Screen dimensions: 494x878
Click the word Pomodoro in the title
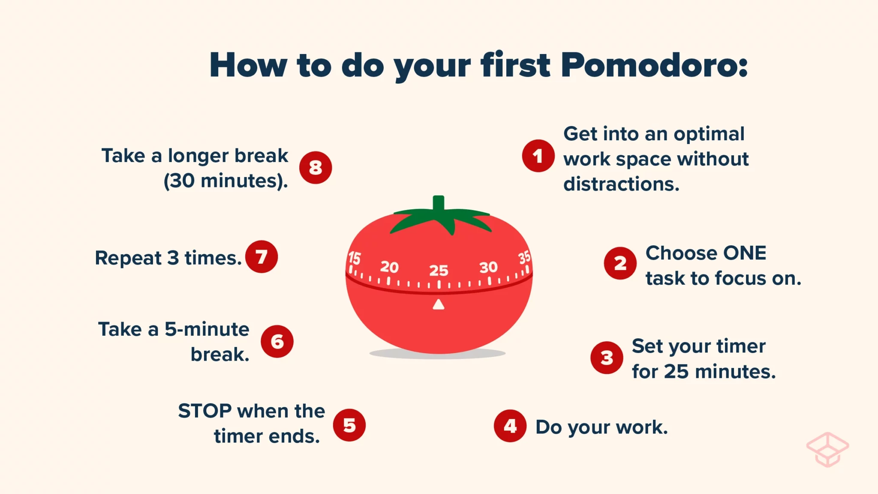coord(654,66)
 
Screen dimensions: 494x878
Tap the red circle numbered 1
coord(538,156)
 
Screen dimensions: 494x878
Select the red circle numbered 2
coord(620,263)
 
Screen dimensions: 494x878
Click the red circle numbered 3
coord(607,358)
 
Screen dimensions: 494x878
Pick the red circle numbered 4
coord(510,426)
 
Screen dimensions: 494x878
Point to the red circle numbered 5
coord(349,425)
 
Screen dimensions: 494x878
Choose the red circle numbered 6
coord(277,341)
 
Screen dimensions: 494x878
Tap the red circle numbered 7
coord(262,257)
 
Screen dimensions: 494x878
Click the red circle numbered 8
coord(316,168)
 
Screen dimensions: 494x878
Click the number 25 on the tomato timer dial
coord(439,271)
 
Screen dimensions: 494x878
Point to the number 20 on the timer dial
coord(389,267)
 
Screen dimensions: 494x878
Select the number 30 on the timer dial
coord(488,267)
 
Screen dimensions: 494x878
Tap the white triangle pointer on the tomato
coord(438,304)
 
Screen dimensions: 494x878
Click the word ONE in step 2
coord(744,253)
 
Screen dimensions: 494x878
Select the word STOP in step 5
coord(205,411)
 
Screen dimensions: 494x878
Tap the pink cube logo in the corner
coord(827,449)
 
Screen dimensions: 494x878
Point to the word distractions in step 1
coord(621,184)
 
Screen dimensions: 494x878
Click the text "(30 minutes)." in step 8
coord(226,181)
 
